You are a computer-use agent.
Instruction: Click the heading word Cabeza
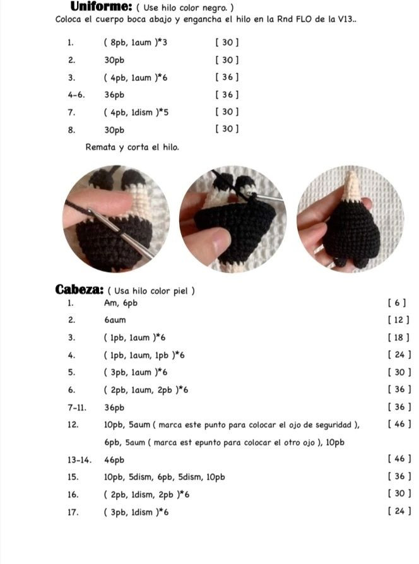[x=80, y=290]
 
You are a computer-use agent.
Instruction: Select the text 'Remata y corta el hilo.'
[x=132, y=147]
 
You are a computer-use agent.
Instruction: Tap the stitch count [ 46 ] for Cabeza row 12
[x=400, y=424]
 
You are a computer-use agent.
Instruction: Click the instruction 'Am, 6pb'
[x=120, y=303]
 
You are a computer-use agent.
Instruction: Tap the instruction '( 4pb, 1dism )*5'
[x=136, y=112]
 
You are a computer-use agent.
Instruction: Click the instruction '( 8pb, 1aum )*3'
[x=136, y=43]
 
